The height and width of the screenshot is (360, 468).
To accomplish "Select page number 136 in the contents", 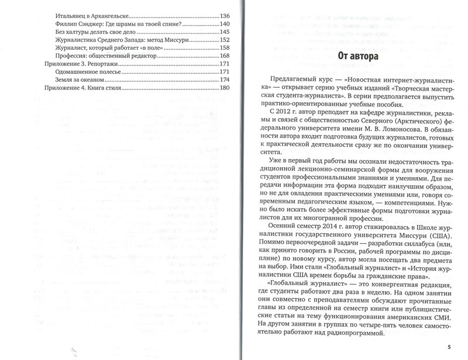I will (224, 15).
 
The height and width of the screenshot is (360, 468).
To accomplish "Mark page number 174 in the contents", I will (224, 79).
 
